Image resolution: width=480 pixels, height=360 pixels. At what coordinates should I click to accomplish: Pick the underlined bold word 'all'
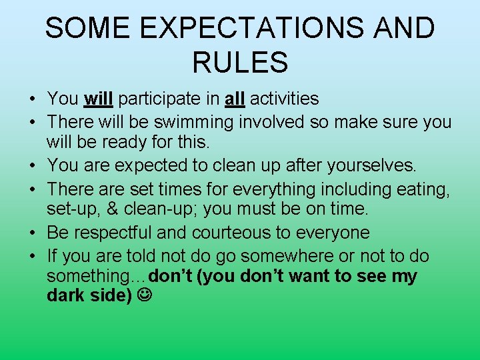pyautogui.click(x=235, y=99)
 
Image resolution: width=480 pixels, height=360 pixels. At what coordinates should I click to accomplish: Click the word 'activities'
pyautogui.click(x=285, y=99)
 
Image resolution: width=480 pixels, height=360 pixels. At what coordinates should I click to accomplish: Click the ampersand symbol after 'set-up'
pyautogui.click(x=112, y=209)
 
